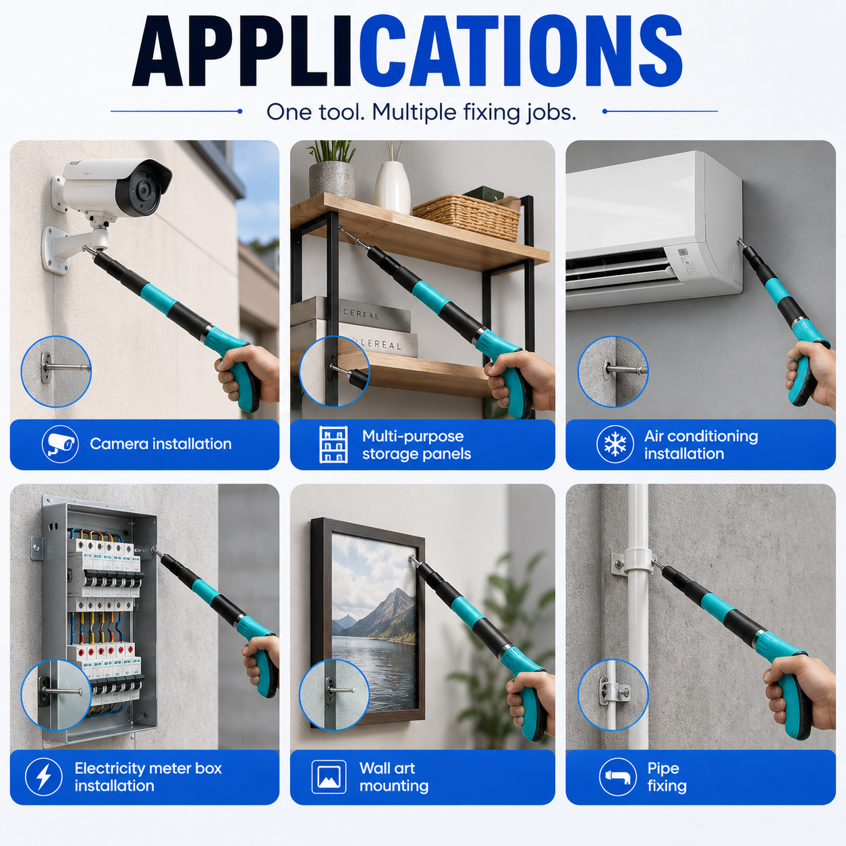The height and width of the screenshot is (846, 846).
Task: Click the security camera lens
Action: pyautogui.click(x=143, y=190)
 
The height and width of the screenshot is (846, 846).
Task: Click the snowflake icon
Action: pyautogui.click(x=615, y=444)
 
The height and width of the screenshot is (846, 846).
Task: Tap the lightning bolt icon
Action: pyautogui.click(x=43, y=777)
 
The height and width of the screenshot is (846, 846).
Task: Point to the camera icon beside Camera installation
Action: pyautogui.click(x=60, y=444)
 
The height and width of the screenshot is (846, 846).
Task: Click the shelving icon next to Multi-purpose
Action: pyautogui.click(x=333, y=445)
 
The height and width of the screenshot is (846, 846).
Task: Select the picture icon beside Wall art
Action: pyautogui.click(x=329, y=777)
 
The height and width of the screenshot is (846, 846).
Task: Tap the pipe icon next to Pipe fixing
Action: pyautogui.click(x=618, y=777)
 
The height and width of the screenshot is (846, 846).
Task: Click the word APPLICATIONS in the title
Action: pyautogui.click(x=407, y=52)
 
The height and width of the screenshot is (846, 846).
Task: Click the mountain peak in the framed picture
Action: pyautogui.click(x=397, y=591)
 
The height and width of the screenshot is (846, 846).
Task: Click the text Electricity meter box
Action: pyautogui.click(x=148, y=768)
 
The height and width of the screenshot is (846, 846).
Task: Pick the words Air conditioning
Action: pyautogui.click(x=701, y=436)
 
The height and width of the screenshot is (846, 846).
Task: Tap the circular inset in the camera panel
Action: pyautogui.click(x=56, y=372)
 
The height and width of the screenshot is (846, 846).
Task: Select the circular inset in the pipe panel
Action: pyautogui.click(x=613, y=694)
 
